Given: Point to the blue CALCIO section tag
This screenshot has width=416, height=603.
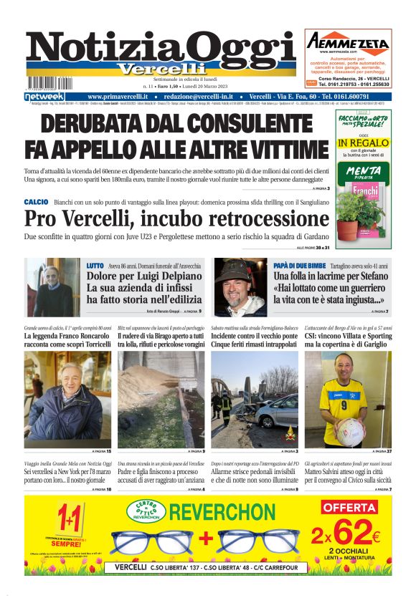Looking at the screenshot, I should (36, 203).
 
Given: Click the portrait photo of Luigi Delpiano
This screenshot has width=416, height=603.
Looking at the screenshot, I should (53, 287).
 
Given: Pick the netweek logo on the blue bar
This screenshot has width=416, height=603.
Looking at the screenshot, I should (44, 97).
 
